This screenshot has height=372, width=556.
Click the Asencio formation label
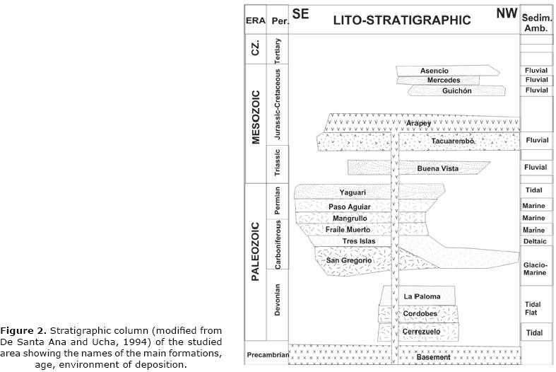[434, 71]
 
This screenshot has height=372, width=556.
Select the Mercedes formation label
[443, 81]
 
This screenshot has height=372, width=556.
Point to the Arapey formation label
[418, 123]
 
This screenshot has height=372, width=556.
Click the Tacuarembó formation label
[452, 141]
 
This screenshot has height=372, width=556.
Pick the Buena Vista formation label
[438, 168]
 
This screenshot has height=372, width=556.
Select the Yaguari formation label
[353, 192]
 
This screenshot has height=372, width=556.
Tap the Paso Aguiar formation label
[349, 207]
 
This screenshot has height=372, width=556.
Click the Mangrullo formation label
[350, 219]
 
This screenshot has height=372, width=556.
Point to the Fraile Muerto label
[348, 230]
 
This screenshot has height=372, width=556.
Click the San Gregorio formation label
[348, 260]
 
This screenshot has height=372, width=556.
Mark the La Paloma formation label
[422, 296]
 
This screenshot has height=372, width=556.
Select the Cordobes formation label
[420, 314]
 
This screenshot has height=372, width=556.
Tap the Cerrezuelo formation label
[422, 331]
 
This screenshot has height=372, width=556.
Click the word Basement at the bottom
[433, 357]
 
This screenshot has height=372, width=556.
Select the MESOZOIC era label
[256, 117]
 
